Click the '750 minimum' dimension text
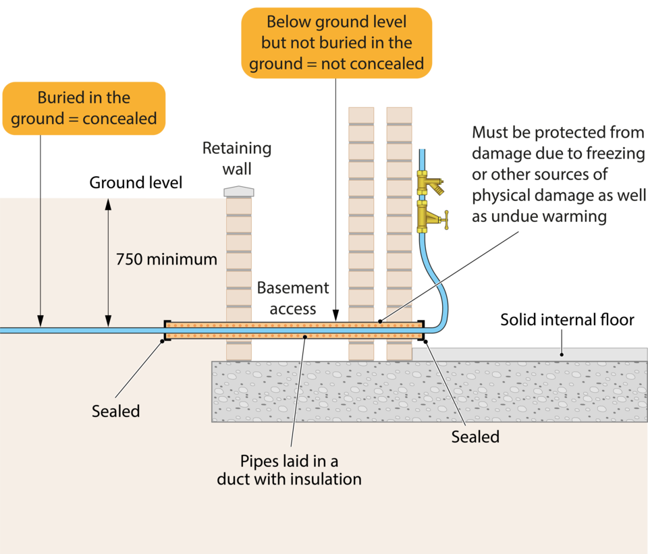(x=166, y=259)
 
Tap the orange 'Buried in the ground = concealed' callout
(x=84, y=108)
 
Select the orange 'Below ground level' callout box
(x=336, y=43)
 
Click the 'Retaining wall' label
(x=237, y=158)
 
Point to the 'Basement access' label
(x=294, y=298)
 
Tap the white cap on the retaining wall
(x=240, y=192)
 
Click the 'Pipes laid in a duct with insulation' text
(x=289, y=470)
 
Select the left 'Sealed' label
(x=115, y=411)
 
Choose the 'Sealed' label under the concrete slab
(x=475, y=437)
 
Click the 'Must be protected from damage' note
(x=558, y=174)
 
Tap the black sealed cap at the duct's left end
(x=167, y=331)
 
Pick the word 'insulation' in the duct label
(x=326, y=480)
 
